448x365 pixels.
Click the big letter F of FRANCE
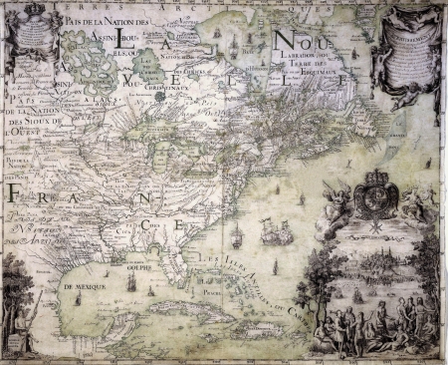point(20,195)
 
